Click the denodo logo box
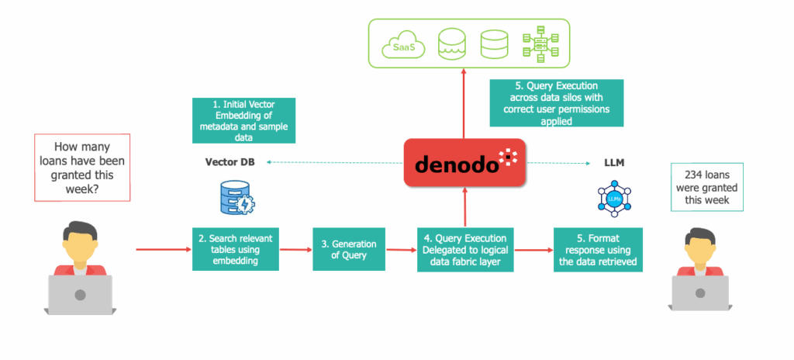point(465,161)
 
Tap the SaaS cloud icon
point(402,46)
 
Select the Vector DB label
point(230,162)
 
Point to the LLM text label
point(614,162)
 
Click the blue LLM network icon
point(614,199)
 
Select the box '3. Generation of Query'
point(349,250)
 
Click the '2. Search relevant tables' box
point(236,249)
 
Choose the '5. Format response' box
point(598,250)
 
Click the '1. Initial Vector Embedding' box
point(243,121)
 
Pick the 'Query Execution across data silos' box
point(557,102)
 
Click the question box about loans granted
point(82,168)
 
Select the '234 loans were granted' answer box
point(707,186)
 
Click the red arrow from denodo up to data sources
point(464,103)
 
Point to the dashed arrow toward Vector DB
point(335,162)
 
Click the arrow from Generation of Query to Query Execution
point(401,250)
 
